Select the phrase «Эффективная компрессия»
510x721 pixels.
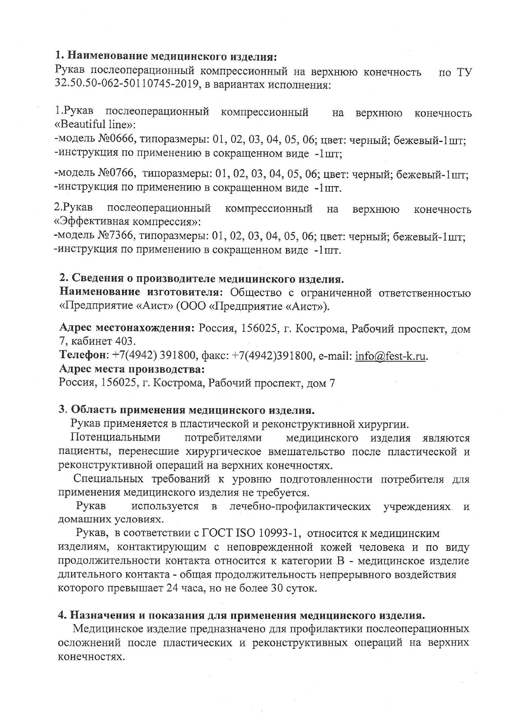pyautogui.click(x=127, y=222)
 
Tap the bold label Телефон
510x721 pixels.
pyautogui.click(x=84, y=356)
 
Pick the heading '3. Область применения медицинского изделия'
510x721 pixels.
pyautogui.click(x=187, y=410)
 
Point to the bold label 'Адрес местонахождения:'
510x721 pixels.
pyautogui.click(x=127, y=328)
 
